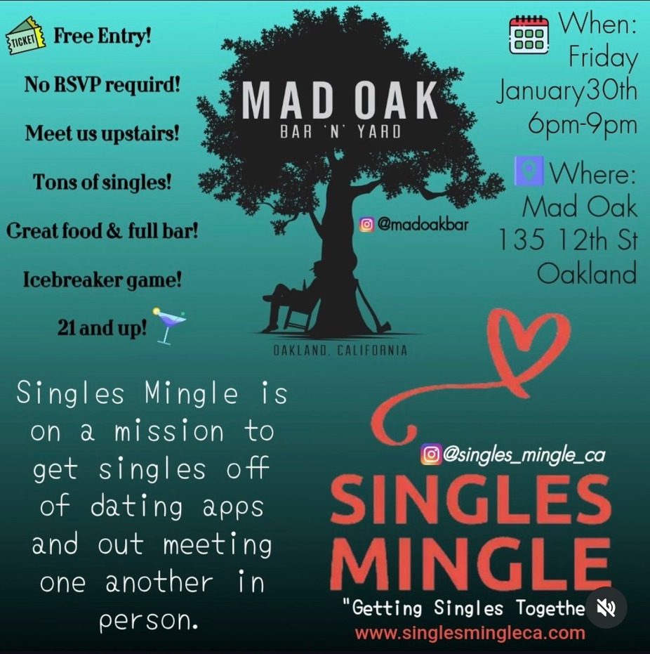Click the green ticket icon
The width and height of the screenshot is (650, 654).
click(26, 36)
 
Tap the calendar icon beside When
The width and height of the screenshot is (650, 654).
click(529, 35)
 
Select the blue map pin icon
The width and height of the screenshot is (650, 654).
click(529, 170)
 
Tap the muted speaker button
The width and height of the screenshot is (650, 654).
click(606, 608)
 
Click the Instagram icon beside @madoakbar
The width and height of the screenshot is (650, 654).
click(366, 224)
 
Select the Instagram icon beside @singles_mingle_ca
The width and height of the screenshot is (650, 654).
click(430, 454)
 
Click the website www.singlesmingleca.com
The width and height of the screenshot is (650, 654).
click(470, 632)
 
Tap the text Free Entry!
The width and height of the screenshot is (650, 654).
click(102, 36)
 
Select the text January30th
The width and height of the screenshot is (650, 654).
click(566, 91)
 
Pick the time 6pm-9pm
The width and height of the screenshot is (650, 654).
click(583, 124)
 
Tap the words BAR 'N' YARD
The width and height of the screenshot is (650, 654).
click(340, 132)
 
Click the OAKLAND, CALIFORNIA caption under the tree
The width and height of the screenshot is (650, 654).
click(340, 350)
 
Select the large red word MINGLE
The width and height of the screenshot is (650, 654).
click(471, 563)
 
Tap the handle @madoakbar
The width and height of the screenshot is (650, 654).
click(423, 224)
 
